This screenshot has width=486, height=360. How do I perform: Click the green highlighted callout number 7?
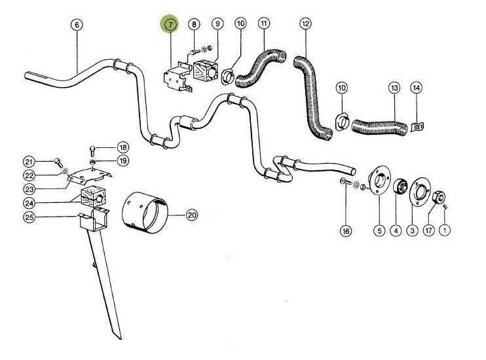click(x=170, y=25)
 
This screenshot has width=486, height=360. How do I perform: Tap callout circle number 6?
click(x=77, y=25)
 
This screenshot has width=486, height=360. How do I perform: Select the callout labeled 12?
click(x=305, y=25)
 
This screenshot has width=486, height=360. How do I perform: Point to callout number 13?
click(x=394, y=88)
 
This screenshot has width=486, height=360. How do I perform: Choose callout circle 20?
click(x=192, y=214)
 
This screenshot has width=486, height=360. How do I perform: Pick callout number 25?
click(x=29, y=217)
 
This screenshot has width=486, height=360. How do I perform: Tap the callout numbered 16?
click(x=345, y=230)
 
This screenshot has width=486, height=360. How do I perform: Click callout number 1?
click(x=445, y=230)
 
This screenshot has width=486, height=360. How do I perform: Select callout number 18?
click(x=122, y=147)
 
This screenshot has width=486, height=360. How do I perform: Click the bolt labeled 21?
click(x=57, y=160)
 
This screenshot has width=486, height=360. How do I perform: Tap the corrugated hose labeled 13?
click(x=377, y=124)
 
